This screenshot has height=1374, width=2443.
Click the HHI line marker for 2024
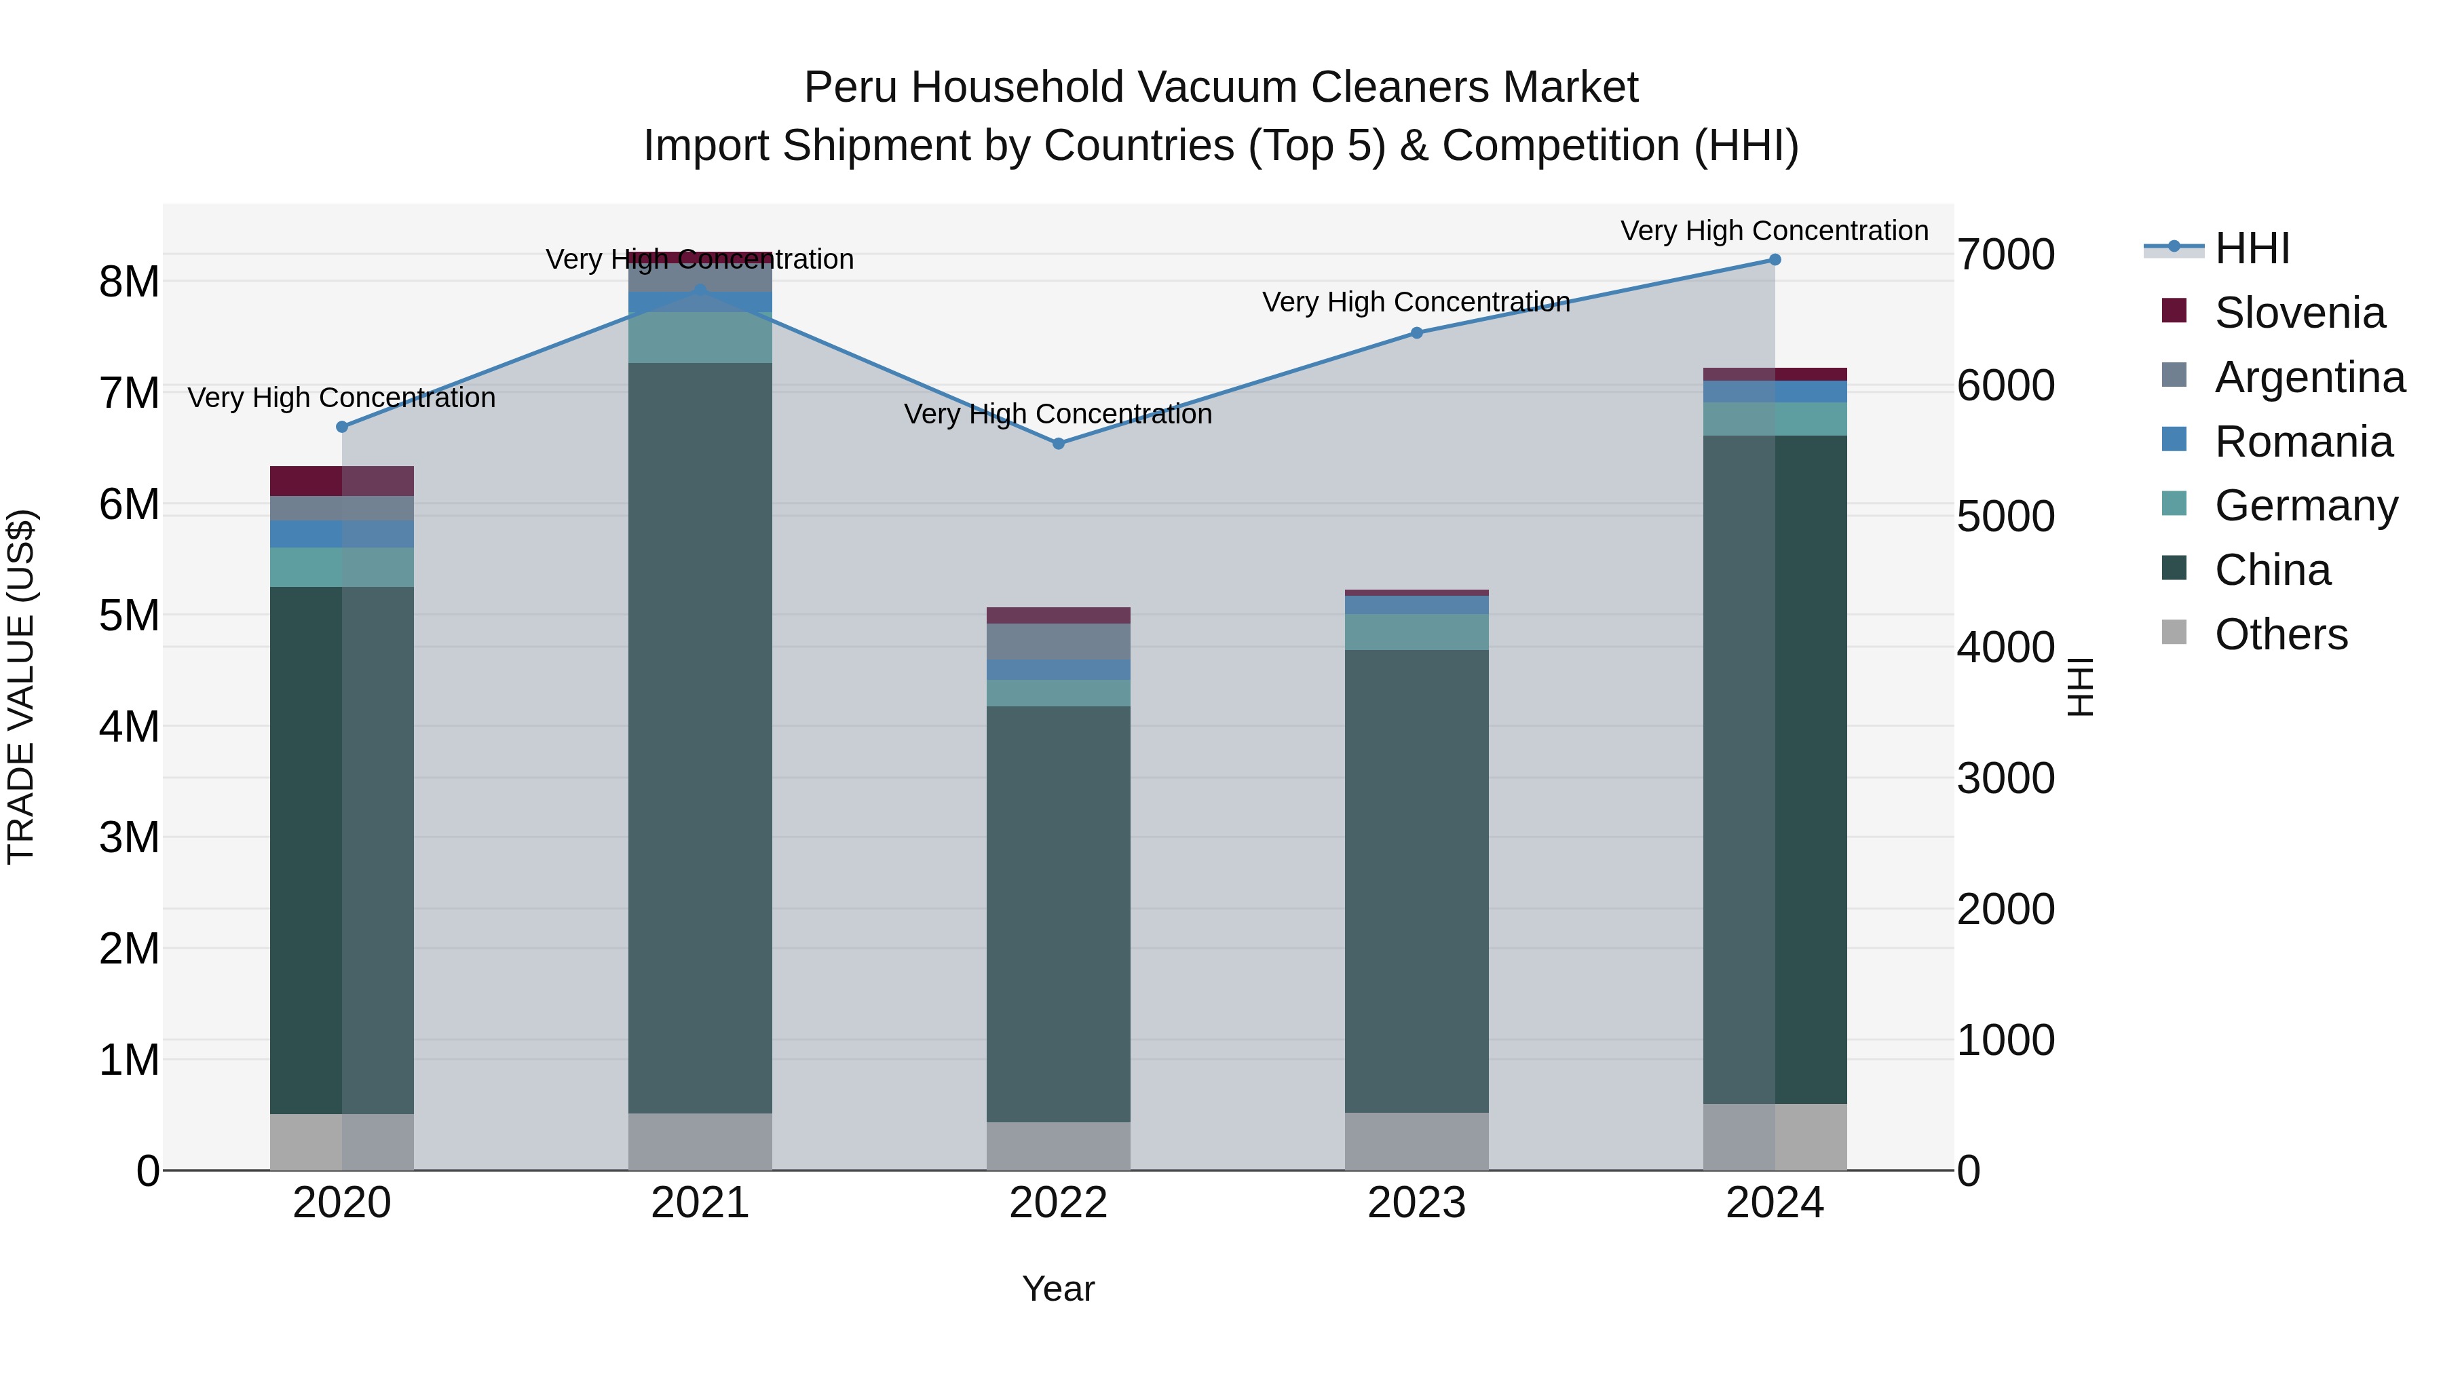click(x=1775, y=260)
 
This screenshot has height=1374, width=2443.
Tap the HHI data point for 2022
click(x=1059, y=444)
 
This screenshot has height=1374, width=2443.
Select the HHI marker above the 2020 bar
click(x=343, y=427)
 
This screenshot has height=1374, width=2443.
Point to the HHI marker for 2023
click(x=1417, y=333)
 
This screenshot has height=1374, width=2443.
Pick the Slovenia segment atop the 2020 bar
click(x=343, y=481)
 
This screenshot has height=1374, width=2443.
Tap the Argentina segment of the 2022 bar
click(x=1059, y=641)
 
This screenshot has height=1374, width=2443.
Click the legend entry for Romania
click(x=2303, y=442)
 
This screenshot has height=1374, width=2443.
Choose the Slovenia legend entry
click(x=2299, y=313)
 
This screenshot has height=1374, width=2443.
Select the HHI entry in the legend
click(x=2252, y=248)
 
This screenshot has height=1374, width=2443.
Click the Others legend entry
click(x=2280, y=634)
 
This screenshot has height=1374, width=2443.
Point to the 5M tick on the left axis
click(x=129, y=615)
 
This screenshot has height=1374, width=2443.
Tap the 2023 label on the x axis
click(x=1417, y=1202)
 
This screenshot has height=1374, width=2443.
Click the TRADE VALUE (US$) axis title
click(x=21, y=687)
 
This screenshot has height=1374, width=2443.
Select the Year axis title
click(x=1059, y=1289)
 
